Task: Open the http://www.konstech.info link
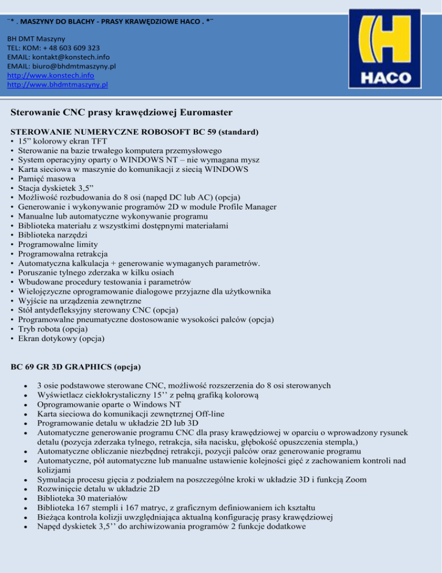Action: [51, 76]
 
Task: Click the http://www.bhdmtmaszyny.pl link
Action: [58, 85]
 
